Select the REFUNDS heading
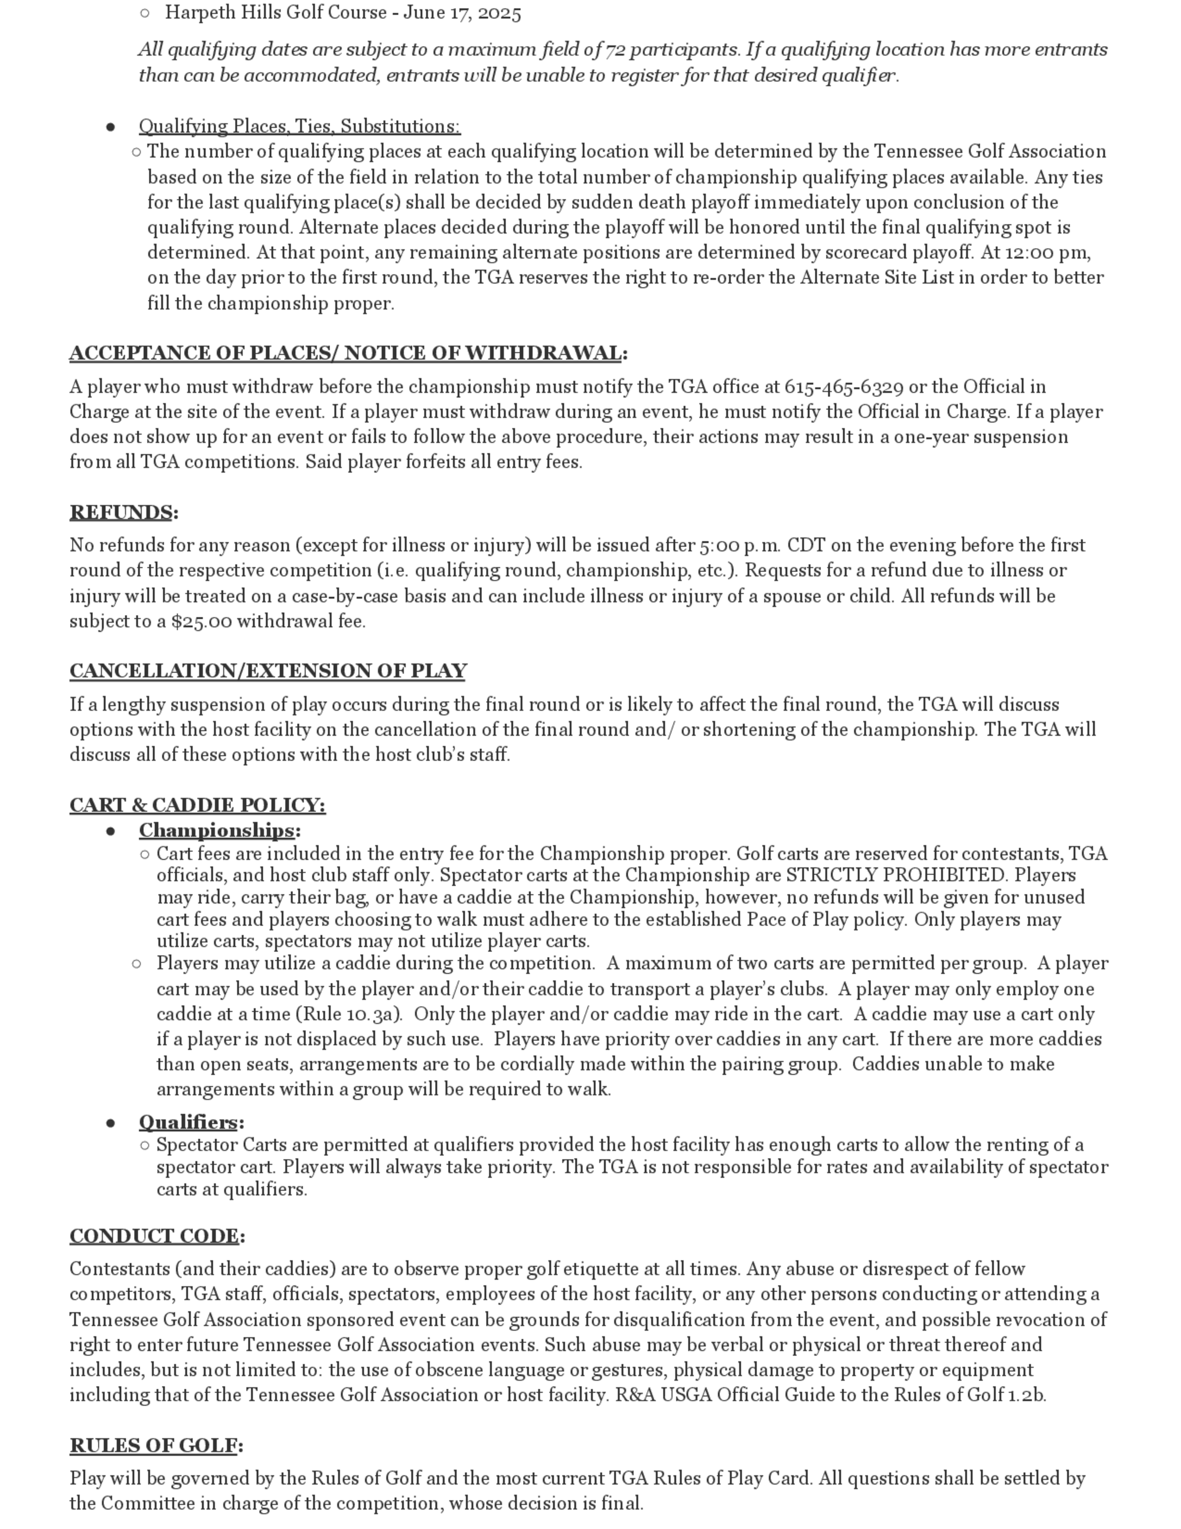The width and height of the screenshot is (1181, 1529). [x=121, y=512]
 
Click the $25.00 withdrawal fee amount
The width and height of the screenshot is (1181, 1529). [x=201, y=622]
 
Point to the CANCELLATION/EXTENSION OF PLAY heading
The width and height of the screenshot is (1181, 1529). [x=268, y=671]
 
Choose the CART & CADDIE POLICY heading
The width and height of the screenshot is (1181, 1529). [x=197, y=805]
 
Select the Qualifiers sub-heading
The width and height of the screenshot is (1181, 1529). [x=188, y=1123]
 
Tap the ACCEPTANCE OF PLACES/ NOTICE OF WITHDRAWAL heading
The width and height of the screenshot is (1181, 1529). [x=345, y=353]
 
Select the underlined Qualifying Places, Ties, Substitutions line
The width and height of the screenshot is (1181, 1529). [x=299, y=126]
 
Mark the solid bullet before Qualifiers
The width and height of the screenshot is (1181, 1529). [x=110, y=1123]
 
